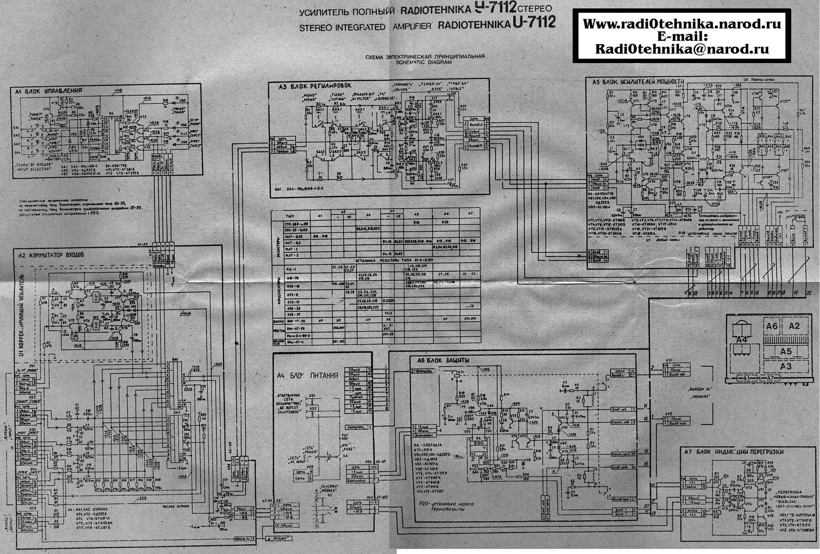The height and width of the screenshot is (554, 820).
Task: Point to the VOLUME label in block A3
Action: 401,89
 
